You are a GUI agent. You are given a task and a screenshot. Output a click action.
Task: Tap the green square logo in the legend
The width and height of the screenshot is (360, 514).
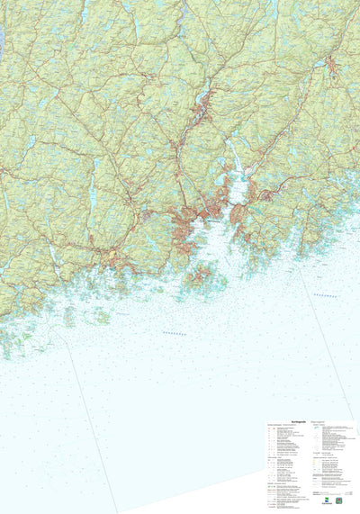pos(338,500)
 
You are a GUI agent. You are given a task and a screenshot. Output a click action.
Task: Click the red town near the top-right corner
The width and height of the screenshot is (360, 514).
pos(331,65)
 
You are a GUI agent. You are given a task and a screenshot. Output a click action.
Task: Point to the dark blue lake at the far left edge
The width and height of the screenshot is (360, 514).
pos(2,41)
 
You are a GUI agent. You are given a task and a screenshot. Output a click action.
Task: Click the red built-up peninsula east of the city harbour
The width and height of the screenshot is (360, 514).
pos(238,216)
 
